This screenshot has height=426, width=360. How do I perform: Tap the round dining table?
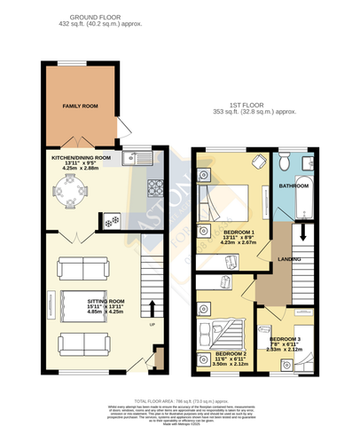pyautogui.click(x=67, y=188)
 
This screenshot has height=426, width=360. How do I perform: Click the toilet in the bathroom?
pyautogui.click(x=284, y=163)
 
